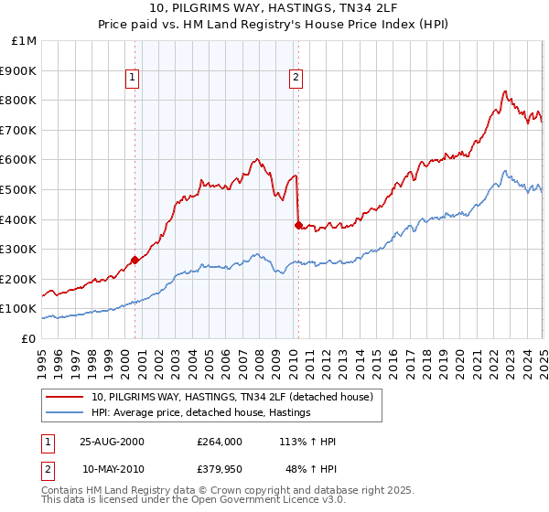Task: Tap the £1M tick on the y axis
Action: point(24,41)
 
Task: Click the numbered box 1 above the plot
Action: point(134,79)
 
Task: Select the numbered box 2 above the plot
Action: point(296,79)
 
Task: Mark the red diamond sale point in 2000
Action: point(135,260)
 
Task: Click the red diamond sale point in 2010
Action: point(297,225)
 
